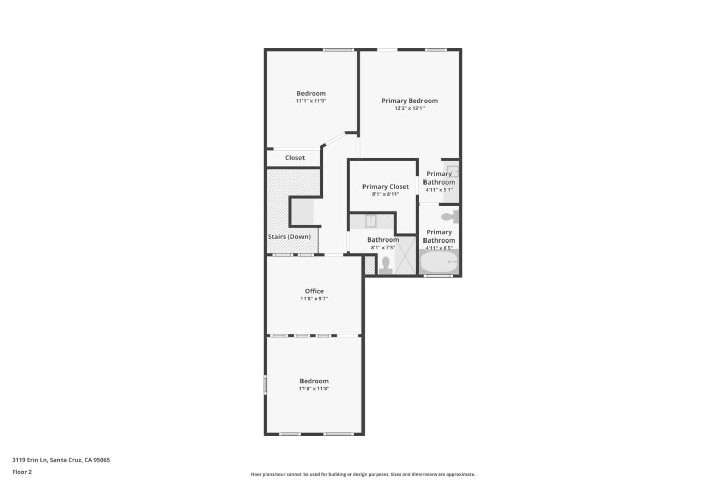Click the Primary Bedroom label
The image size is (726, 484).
[x=409, y=101]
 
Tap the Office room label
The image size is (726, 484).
[x=314, y=291]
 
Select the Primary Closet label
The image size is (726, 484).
[x=385, y=187]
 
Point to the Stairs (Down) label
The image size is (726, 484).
[x=289, y=236]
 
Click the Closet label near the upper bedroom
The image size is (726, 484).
[x=295, y=157]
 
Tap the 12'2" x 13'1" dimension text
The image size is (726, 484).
[x=409, y=108]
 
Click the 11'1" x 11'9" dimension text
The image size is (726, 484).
[x=311, y=101]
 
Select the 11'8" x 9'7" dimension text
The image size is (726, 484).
[x=314, y=298]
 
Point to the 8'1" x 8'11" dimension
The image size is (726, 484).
[x=385, y=194]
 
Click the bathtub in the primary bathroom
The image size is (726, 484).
[x=439, y=262]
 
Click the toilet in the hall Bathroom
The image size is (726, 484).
[x=386, y=266]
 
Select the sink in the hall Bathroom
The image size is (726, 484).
[x=371, y=221]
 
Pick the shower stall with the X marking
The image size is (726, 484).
[x=405, y=256]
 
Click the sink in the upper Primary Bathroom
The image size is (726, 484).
[x=453, y=171]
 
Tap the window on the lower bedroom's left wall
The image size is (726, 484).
[x=265, y=385]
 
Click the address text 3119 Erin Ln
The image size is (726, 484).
[x=30, y=460]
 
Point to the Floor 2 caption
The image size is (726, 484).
[x=22, y=472]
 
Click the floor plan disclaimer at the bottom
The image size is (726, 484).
[x=362, y=474]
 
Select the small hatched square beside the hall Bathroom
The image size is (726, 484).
[x=370, y=265]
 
